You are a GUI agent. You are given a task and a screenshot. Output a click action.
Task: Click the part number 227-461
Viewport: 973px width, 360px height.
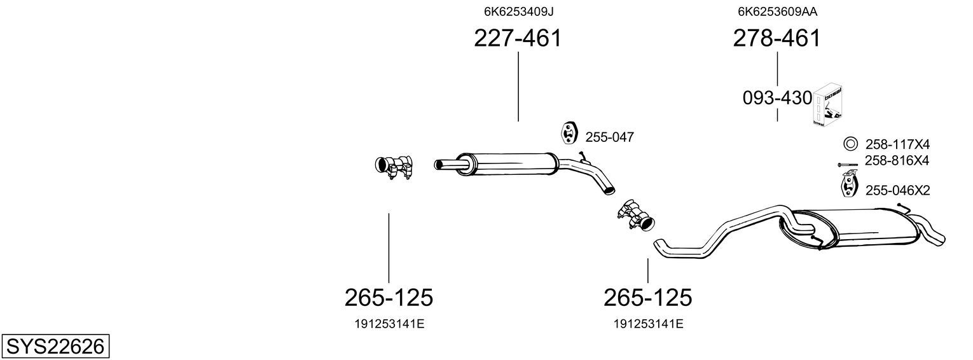(518, 38)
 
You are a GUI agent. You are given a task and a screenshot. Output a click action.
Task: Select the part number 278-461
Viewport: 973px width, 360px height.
(776, 38)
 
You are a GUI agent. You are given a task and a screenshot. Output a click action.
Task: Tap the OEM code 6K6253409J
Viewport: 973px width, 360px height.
(519, 11)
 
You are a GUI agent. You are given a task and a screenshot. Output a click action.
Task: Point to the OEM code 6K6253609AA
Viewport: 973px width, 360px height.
(777, 11)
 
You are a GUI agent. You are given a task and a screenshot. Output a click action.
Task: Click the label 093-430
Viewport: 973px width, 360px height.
(777, 98)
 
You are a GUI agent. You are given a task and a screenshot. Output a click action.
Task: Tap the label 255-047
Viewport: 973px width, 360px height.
(609, 137)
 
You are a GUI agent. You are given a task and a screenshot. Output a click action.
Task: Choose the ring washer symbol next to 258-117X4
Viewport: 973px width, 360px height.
(850, 143)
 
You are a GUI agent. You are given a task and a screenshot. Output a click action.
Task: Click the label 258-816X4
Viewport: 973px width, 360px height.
(897, 161)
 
